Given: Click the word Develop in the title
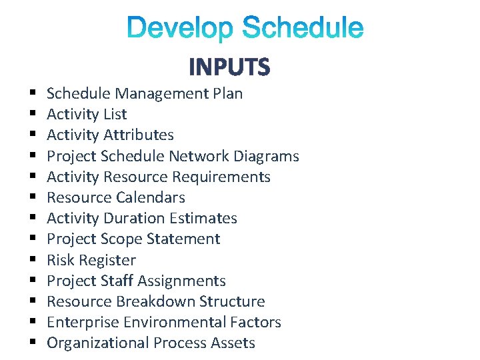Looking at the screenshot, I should (x=181, y=29).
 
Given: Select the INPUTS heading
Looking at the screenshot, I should (x=229, y=67).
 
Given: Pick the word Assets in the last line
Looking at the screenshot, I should (x=233, y=343).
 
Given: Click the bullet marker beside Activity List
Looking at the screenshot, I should (x=32, y=115).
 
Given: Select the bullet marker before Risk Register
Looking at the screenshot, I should (x=32, y=261).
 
